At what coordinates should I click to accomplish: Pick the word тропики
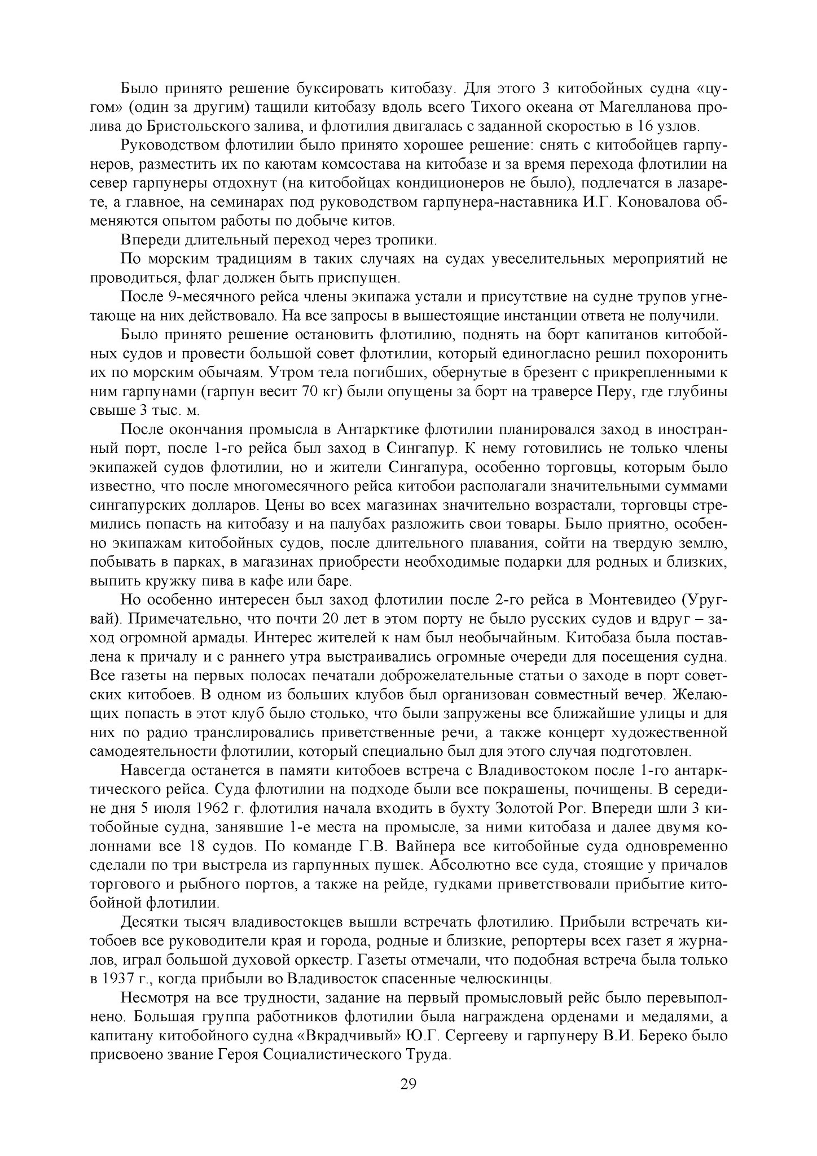(x=409, y=240)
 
